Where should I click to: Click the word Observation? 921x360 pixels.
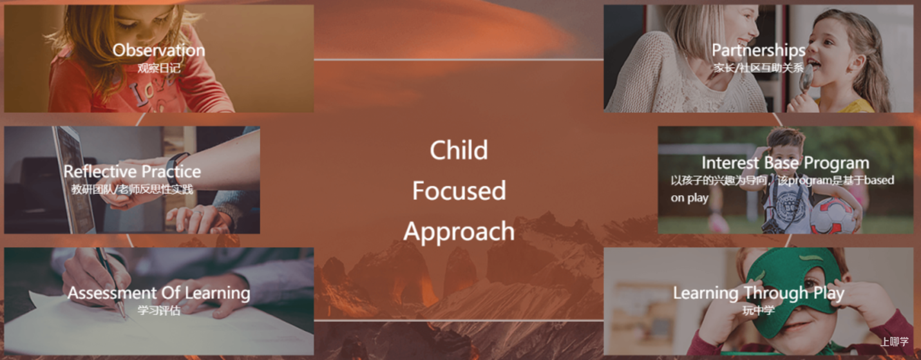point(158,50)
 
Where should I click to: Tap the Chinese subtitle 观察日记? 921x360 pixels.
point(158,68)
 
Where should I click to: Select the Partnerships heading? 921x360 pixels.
point(759,51)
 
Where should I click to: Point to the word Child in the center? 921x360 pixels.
point(459,150)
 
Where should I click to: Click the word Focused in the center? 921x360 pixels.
point(459,191)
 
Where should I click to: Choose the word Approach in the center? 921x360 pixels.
point(459,231)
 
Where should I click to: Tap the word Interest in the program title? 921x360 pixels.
point(730,163)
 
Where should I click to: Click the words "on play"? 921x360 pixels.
point(690,198)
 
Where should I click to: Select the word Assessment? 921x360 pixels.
point(112,293)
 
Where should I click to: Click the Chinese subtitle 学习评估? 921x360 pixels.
point(158,310)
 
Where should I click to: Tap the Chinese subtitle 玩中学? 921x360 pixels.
point(759,310)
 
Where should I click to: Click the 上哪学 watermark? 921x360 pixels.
point(894,341)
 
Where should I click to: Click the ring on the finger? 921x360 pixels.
point(198,213)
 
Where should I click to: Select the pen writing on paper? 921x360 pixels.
point(110,283)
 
